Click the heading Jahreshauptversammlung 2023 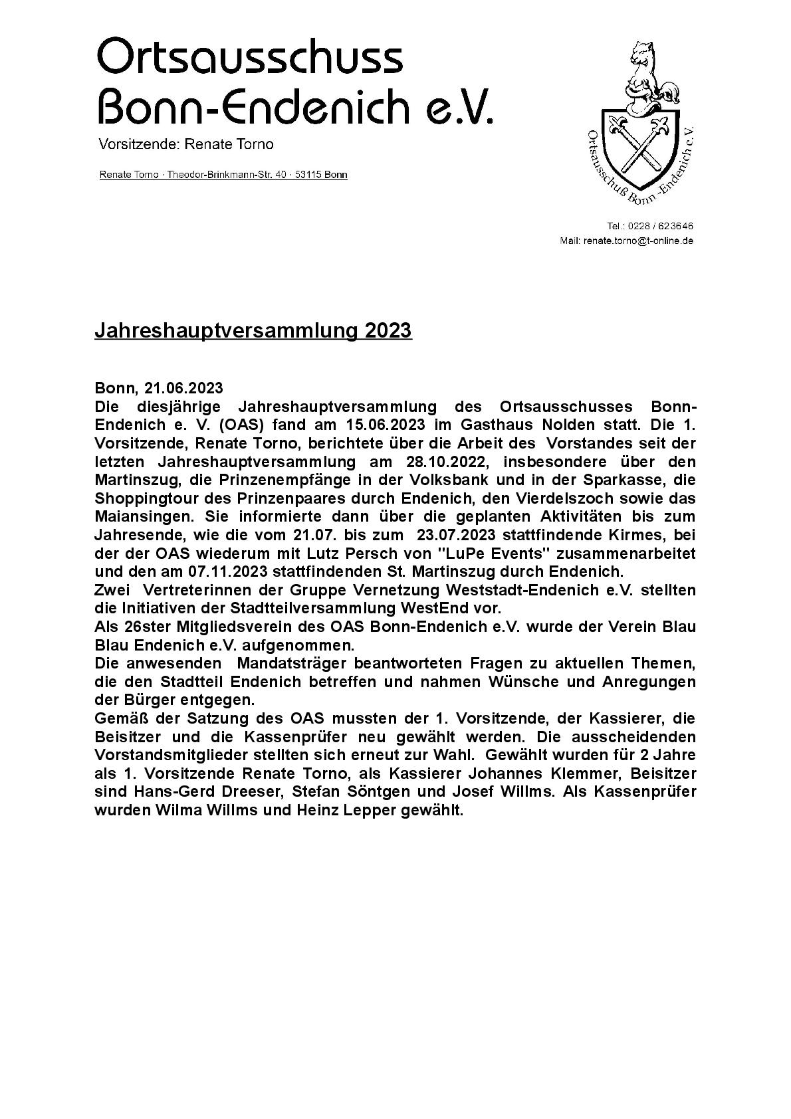[253, 330]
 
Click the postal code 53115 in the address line [307, 175]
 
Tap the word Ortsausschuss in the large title [250, 57]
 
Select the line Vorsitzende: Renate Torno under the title [185, 144]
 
